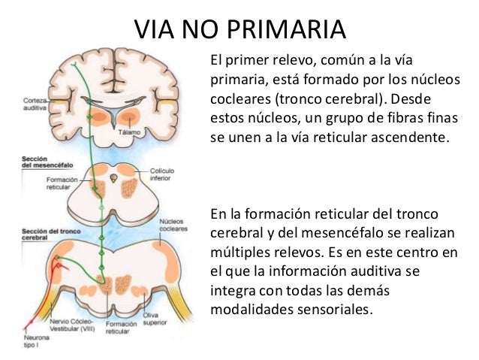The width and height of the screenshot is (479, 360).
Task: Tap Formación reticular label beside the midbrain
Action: (x=58, y=183)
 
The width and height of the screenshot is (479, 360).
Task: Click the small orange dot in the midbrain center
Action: (x=113, y=178)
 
